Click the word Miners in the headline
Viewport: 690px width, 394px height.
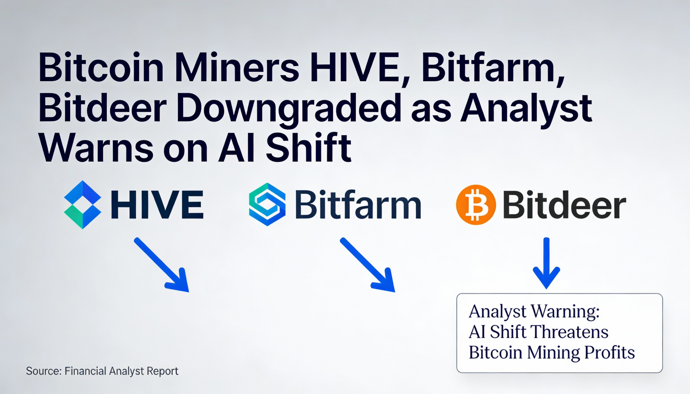point(237,68)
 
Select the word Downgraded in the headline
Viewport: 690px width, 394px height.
point(288,108)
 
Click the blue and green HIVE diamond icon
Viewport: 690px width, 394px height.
point(82,205)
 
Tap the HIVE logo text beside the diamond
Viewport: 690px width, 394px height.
point(157,205)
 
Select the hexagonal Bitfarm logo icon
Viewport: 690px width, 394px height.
point(267,205)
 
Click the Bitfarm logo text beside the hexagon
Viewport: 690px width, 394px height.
point(358,205)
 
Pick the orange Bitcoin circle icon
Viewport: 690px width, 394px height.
point(476,205)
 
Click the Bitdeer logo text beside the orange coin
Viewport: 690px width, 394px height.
point(564,205)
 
